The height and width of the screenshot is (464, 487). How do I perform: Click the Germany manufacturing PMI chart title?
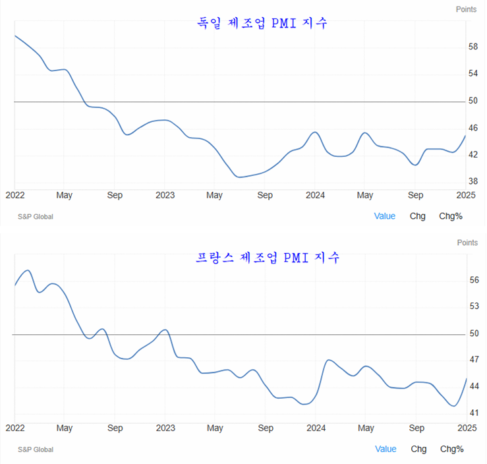262,23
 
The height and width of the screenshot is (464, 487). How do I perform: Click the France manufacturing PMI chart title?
268,257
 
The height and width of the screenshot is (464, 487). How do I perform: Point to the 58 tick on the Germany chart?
473,47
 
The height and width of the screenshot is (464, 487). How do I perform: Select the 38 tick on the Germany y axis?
473,181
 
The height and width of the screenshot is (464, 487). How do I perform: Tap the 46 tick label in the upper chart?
473,127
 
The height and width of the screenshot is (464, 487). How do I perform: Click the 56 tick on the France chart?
474,280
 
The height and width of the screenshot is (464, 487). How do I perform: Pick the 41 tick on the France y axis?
474,413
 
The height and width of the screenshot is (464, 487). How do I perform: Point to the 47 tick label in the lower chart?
474,360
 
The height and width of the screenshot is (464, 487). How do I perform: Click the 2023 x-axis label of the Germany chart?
165,195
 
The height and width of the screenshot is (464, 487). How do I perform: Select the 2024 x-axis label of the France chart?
316,428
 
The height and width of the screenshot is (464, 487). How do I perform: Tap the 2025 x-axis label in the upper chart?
466,195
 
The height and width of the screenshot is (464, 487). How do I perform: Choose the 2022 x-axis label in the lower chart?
14,428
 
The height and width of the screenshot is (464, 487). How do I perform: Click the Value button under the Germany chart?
385,216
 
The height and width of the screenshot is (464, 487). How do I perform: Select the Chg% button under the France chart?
451,449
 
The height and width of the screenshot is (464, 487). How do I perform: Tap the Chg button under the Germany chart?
418,216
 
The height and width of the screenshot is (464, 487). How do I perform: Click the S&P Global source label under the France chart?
36,449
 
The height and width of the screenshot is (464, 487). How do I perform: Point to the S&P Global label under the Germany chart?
36,216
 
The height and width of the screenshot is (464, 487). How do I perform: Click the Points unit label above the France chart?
467,243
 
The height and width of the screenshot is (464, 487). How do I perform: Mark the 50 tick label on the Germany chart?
473,101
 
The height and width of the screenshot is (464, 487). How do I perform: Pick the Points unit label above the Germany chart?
466,9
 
